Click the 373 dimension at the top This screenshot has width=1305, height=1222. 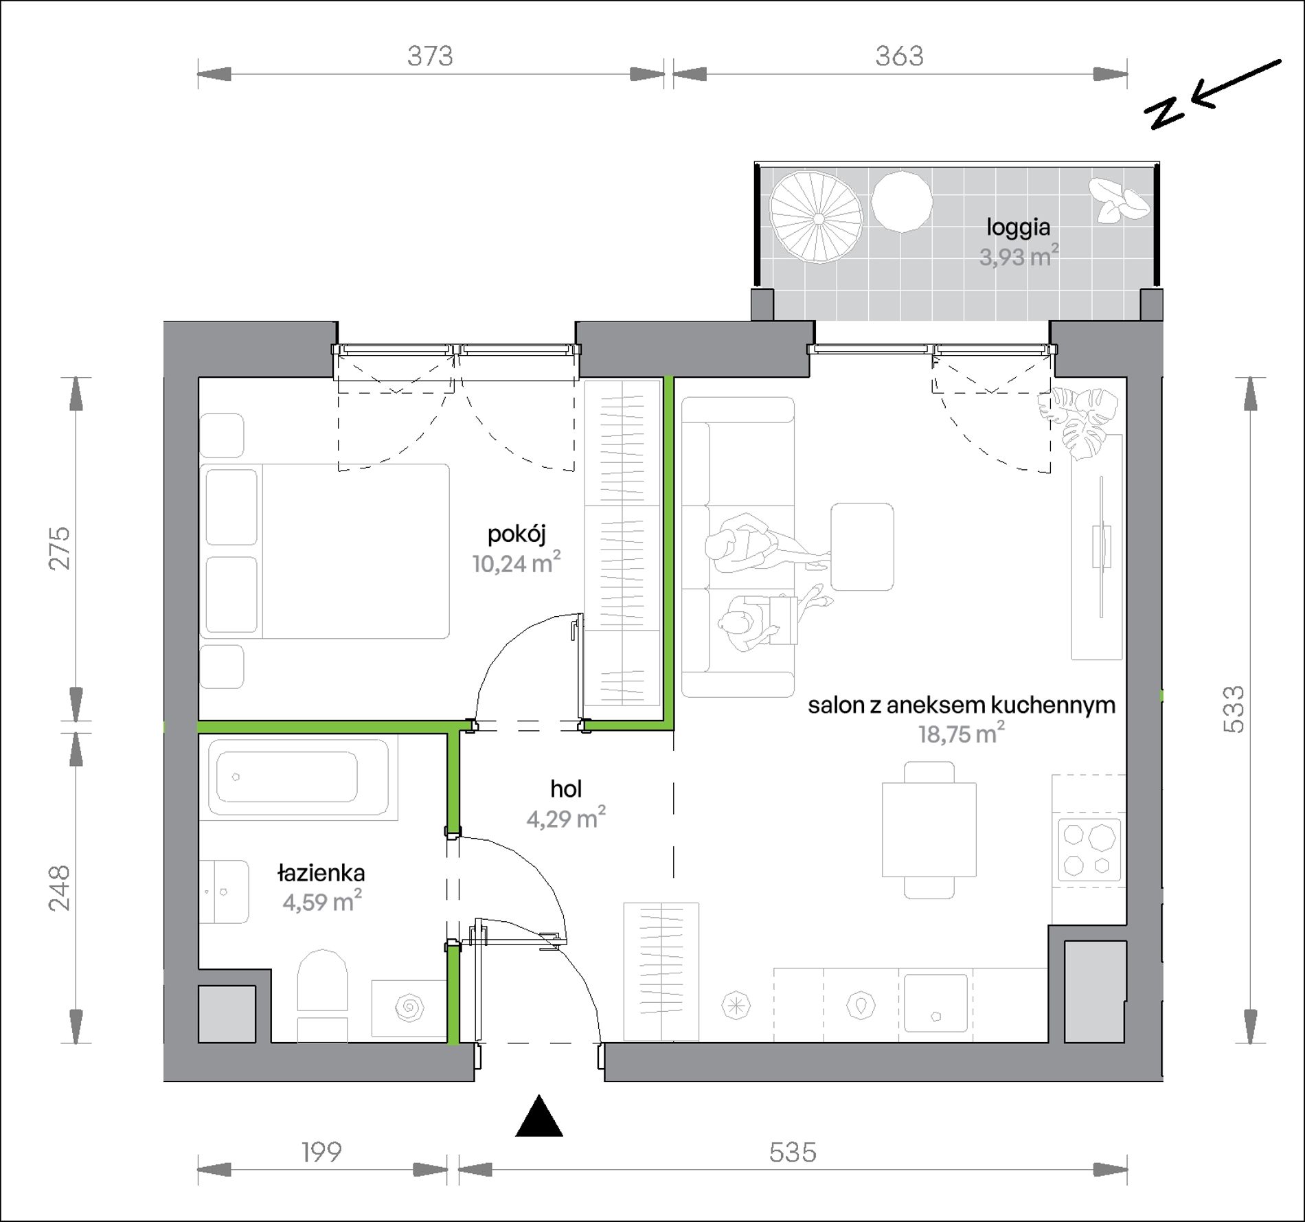click(430, 56)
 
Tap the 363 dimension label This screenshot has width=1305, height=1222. click(899, 56)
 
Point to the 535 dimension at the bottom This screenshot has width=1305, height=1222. click(793, 1152)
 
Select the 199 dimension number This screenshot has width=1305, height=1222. click(321, 1152)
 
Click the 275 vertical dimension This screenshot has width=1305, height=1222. click(60, 547)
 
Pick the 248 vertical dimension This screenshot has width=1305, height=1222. click(60, 888)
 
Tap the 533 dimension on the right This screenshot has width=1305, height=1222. click(1234, 710)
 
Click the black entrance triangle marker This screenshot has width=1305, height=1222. click(539, 1118)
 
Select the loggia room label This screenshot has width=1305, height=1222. click(1019, 227)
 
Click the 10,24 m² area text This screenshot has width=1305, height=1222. click(517, 563)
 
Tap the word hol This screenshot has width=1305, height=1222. click(566, 789)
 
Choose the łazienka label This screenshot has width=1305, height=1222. click(321, 873)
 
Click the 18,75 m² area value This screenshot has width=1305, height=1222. click(962, 734)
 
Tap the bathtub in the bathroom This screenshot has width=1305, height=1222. click(297, 778)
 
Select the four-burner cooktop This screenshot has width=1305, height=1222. click(1089, 850)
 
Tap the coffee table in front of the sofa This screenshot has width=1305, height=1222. click(862, 547)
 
